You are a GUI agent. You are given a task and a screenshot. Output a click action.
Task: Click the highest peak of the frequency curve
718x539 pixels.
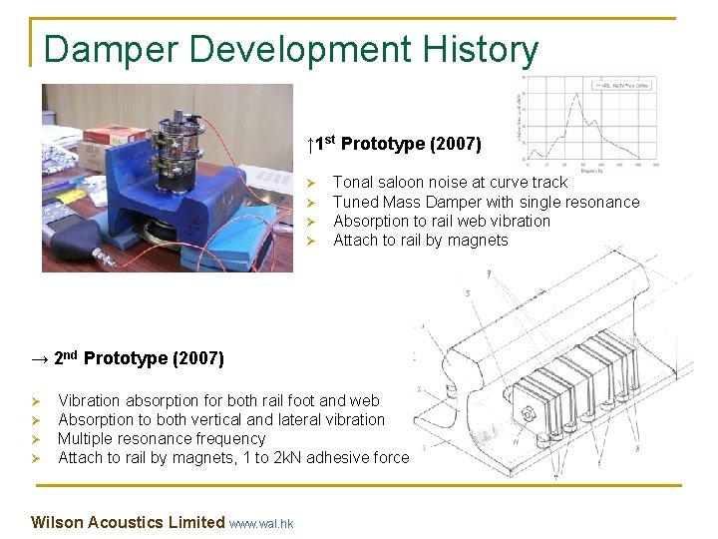point(576,96)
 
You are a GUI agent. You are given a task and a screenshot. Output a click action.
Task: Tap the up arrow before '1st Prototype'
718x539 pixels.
point(311,146)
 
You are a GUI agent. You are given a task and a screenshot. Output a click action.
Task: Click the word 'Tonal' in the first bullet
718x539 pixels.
point(353,183)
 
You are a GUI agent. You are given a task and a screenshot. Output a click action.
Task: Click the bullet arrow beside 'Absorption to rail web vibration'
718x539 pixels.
point(310,222)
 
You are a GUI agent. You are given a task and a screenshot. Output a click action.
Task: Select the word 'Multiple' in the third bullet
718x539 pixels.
point(88,439)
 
